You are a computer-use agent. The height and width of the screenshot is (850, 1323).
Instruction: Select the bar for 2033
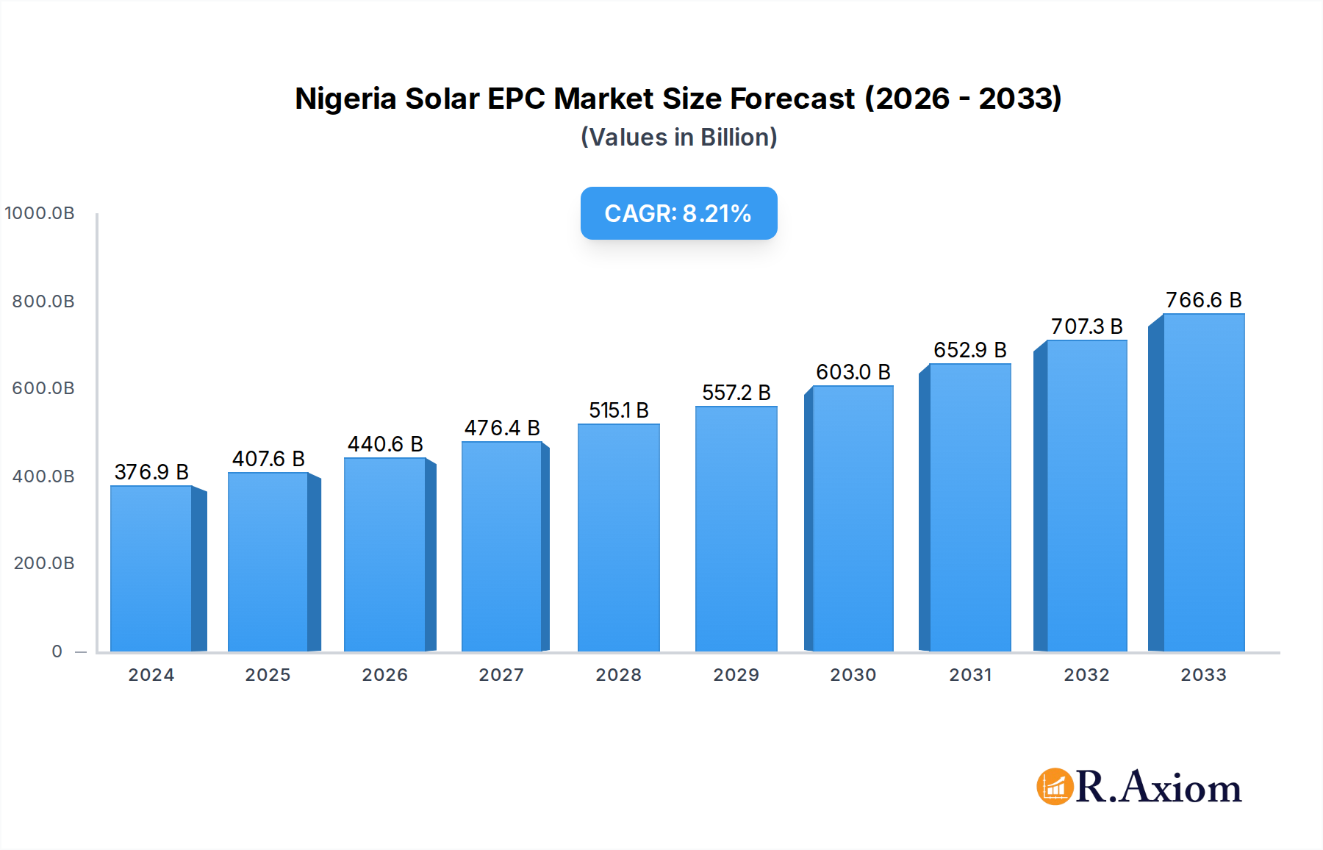1203,483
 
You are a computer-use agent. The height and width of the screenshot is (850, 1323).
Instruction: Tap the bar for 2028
618,537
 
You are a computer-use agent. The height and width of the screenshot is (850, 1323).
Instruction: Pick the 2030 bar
853,518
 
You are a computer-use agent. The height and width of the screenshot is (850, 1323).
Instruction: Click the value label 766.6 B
1203,300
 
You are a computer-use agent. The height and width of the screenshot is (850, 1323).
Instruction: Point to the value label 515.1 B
618,410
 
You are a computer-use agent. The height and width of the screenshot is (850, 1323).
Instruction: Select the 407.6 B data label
268,459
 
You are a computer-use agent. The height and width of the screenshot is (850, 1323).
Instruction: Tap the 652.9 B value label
969,350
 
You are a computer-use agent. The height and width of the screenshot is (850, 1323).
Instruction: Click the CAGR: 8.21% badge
678,213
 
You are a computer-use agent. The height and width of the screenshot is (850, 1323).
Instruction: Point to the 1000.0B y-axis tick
40,213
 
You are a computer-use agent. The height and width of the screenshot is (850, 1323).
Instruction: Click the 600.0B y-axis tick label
43,388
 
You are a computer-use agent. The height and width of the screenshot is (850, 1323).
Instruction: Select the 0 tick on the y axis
57,651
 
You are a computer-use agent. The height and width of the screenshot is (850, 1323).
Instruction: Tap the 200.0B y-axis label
44,563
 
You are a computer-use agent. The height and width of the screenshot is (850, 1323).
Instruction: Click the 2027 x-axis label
501,675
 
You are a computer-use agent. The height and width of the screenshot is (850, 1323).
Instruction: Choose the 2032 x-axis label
1086,675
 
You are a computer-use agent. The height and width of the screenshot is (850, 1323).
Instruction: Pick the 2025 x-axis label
268,675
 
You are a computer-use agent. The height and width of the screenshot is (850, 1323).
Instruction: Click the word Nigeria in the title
345,99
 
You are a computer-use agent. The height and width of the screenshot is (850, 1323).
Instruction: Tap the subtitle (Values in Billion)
678,137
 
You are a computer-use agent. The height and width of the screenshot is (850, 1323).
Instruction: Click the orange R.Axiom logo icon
1055,787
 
